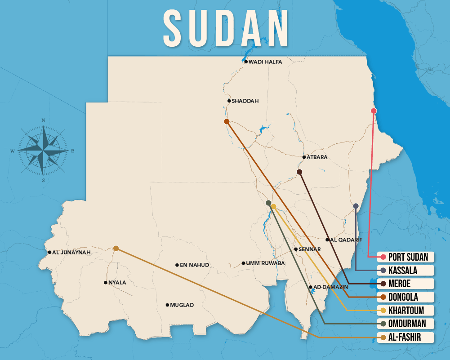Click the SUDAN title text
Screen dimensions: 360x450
[x=226, y=28]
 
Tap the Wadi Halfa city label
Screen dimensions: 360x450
[x=265, y=62]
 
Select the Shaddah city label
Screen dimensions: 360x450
[x=245, y=101]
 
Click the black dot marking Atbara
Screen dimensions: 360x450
[x=304, y=157]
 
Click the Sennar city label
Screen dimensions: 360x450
[x=310, y=249]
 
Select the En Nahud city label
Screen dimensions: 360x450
[x=194, y=265]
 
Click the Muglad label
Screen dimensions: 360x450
[x=182, y=305]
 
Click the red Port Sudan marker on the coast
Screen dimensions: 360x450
[x=374, y=111]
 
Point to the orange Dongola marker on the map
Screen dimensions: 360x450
[x=227, y=121]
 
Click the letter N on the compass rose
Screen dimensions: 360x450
[x=44, y=120]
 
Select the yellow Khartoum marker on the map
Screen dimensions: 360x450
[x=273, y=206]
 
